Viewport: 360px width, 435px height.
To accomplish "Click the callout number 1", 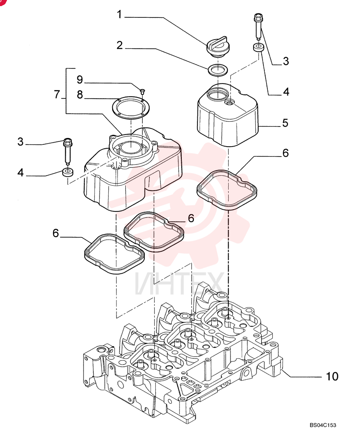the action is click(119, 14).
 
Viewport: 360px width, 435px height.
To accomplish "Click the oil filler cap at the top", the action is click(218, 48).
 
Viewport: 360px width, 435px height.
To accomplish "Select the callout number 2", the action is click(120, 45).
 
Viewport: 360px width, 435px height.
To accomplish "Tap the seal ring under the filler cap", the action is click(218, 70).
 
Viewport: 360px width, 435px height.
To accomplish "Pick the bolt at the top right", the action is click(258, 27).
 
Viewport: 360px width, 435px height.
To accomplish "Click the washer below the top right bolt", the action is click(259, 47).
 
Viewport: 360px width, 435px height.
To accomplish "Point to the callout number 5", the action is click(285, 123).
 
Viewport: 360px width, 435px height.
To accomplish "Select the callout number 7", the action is click(57, 94).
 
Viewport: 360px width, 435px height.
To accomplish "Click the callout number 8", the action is click(80, 94).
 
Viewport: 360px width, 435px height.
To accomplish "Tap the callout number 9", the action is click(80, 80).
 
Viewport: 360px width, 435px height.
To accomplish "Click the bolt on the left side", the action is click(67, 151).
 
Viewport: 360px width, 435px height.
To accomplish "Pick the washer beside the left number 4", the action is click(68, 172).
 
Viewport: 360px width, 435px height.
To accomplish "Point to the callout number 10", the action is click(332, 376).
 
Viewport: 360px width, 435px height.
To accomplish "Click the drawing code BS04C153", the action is click(323, 425).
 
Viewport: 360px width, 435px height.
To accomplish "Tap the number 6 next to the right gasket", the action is click(286, 153).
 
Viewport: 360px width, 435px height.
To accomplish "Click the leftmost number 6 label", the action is click(56, 233).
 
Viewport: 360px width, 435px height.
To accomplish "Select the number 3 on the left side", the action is click(20, 142).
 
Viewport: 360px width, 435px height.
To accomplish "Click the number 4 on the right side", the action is click(286, 92).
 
